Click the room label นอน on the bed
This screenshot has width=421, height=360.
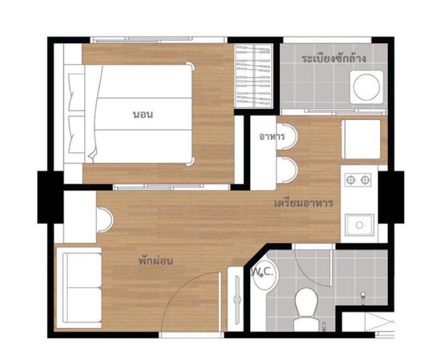point(143,115)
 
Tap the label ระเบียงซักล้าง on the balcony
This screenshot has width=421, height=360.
point(334,58)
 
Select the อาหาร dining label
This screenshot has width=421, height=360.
point(272,136)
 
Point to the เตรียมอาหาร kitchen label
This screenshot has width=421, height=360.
point(303,203)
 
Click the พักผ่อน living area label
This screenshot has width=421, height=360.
point(156,260)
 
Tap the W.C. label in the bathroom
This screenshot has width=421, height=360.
point(263,272)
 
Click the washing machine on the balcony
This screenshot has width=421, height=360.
point(367,87)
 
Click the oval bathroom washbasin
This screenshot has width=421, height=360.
point(266,276)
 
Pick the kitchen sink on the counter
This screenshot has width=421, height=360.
point(360,225)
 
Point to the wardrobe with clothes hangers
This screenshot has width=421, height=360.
point(254,76)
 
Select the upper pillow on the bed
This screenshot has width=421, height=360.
point(76,92)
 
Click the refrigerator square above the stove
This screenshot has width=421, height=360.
point(361,139)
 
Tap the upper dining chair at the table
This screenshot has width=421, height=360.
point(287,136)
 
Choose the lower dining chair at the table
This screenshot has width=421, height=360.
point(287,170)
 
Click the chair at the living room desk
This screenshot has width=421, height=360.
point(105,220)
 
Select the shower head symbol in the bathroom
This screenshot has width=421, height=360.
point(363,297)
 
